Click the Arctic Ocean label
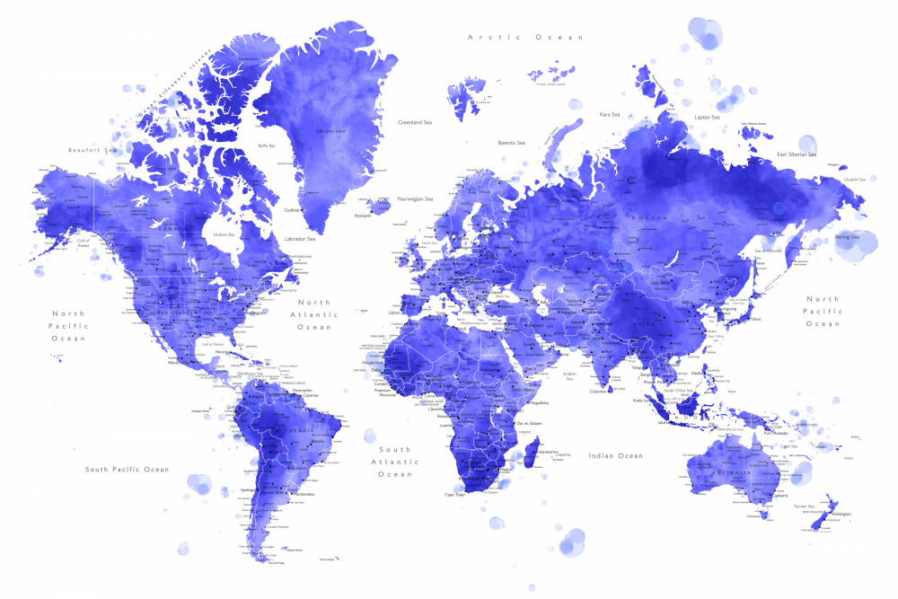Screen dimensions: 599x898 (x=525, y=37)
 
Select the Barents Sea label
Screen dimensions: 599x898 (x=511, y=142)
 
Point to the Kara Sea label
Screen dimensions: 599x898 (x=610, y=114)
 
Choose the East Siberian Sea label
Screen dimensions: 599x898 (x=797, y=154)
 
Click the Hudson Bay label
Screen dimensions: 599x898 (x=224, y=234)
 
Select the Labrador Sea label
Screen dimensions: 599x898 (x=299, y=238)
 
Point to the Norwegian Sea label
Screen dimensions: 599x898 (x=416, y=198)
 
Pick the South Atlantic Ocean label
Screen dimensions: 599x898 (x=394, y=462)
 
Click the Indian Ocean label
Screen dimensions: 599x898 (x=615, y=456)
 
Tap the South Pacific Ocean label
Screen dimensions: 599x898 (x=127, y=469)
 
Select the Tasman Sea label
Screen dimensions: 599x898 (x=804, y=507)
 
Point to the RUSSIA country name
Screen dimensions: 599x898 (x=647, y=218)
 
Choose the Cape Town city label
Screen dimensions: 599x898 (x=454, y=494)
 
